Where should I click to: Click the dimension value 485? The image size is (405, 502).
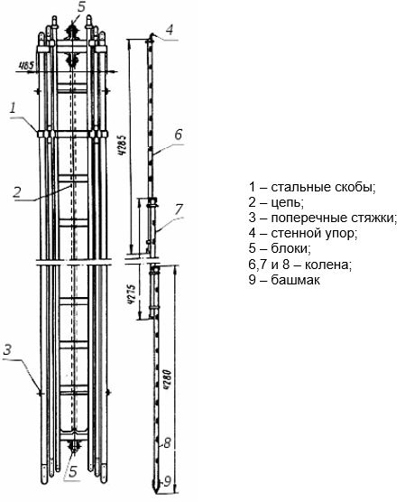[26, 66]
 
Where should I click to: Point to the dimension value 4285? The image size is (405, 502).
[123, 145]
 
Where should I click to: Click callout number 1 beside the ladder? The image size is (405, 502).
[13, 107]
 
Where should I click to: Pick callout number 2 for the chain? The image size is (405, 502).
[17, 191]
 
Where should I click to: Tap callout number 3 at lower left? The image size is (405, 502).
[7, 349]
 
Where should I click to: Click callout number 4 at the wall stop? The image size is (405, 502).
[170, 30]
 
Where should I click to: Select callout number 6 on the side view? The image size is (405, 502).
[179, 135]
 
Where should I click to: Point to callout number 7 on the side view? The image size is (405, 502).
[179, 209]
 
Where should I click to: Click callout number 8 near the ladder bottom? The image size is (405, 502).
[167, 443]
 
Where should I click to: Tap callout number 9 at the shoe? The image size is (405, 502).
[167, 481]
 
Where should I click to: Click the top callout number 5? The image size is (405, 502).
[82, 6]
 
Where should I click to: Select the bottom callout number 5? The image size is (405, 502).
[74, 471]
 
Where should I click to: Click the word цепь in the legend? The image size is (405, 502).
[287, 202]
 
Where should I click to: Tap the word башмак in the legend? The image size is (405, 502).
[295, 280]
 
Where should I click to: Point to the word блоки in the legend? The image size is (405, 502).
[290, 249]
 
